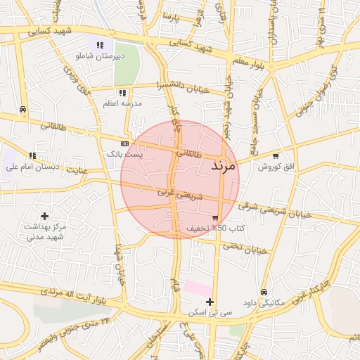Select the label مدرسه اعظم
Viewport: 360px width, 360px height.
coord(122,103)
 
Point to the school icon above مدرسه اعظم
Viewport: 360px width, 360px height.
coord(122,93)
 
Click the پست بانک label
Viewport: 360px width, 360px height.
coord(124,153)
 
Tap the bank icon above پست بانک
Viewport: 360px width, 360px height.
coord(124,143)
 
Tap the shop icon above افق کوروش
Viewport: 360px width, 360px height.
coord(275,156)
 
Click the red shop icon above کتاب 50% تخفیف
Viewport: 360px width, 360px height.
coord(214,218)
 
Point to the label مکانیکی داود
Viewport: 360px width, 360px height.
coord(264,303)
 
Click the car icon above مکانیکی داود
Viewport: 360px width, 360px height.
coord(264,292)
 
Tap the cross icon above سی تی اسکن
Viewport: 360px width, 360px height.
coord(210,302)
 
